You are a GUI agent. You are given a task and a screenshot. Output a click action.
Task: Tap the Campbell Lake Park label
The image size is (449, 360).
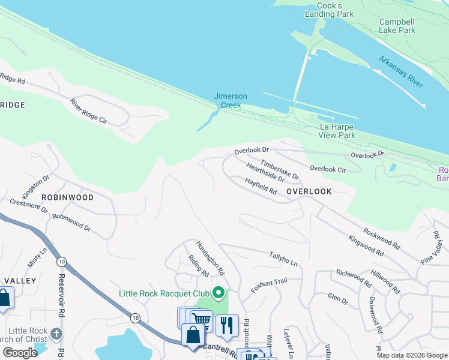397,26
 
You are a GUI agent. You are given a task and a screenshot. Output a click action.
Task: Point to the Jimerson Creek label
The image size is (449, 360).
231,100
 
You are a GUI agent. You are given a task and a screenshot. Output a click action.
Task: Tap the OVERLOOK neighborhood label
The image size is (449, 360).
309,191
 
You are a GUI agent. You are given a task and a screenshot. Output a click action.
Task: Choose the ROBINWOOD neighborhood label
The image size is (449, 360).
68,197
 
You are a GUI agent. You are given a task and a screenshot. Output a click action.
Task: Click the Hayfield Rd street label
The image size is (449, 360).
261,186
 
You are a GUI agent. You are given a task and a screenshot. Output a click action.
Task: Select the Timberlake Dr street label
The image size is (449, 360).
280,167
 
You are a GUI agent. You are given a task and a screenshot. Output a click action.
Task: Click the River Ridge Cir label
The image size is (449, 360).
88,111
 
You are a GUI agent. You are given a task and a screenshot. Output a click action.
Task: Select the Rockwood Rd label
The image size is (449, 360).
381,238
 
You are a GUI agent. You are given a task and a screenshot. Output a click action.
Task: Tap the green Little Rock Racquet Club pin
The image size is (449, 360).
219,293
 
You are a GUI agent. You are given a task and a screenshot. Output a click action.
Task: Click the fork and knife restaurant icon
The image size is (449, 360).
227,325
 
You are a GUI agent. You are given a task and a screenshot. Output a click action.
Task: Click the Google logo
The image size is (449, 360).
20,353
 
